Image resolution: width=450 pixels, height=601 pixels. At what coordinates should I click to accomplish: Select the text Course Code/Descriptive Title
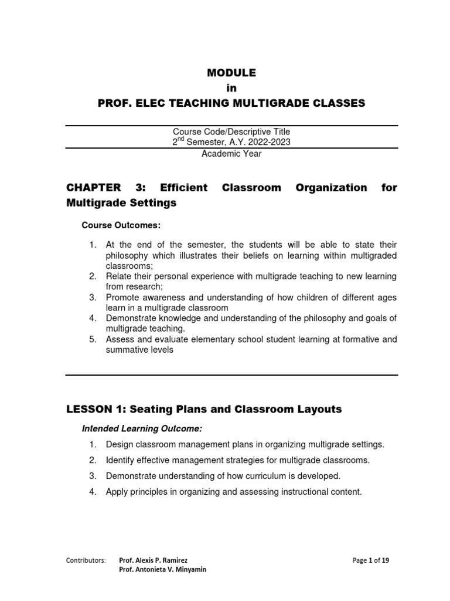tap(231, 132)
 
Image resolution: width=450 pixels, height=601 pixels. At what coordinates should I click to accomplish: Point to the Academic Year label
tap(231, 154)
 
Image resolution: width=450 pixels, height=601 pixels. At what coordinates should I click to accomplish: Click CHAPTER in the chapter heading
tap(94, 188)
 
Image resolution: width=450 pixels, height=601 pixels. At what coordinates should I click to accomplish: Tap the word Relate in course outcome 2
tap(119, 276)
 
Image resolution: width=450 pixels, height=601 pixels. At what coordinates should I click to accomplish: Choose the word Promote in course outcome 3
tap(122, 297)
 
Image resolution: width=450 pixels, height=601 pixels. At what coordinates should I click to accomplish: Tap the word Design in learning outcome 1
tap(119, 444)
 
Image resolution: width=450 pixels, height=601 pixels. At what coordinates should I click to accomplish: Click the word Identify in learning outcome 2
tap(120, 460)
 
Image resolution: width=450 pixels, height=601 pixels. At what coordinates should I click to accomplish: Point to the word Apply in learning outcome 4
tap(117, 492)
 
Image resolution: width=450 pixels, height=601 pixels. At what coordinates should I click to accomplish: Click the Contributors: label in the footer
tap(86, 560)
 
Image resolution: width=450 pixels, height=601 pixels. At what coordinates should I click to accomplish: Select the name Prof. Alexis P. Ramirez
tap(153, 560)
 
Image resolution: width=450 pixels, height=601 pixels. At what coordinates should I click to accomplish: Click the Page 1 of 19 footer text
tap(370, 560)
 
